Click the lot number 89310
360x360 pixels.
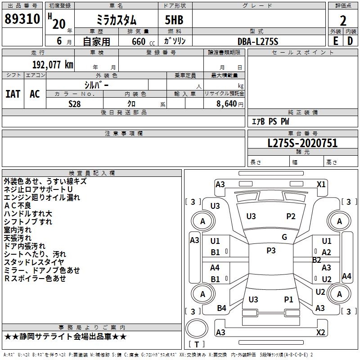22,20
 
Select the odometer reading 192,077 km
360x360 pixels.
53,64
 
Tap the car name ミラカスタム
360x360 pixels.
116,20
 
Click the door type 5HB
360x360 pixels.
174,20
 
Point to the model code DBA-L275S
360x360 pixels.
258,41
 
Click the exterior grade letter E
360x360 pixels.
335,41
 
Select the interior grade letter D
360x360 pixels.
350,41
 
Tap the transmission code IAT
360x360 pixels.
13,94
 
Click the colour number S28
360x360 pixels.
75,104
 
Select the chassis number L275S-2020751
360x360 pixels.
302,144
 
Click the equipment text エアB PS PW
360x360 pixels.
270,121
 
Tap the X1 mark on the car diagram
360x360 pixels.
321,184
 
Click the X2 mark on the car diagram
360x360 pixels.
321,333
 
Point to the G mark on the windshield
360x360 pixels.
284,237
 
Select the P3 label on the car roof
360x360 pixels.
271,251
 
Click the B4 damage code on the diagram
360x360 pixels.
221,308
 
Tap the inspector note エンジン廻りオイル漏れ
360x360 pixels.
42,198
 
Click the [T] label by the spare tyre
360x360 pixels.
197,344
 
